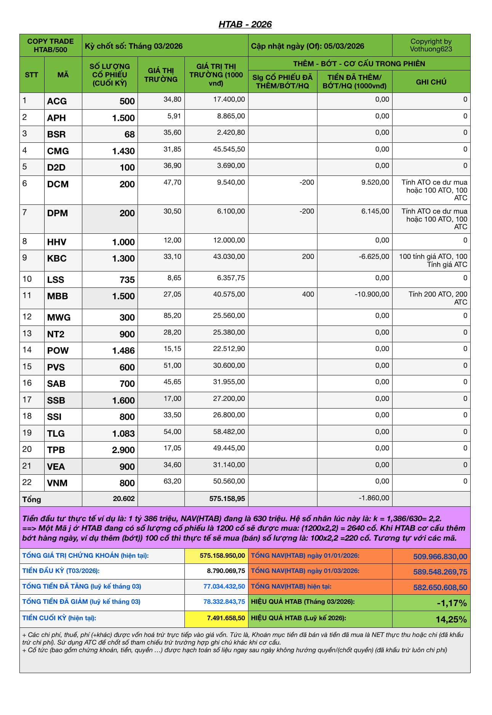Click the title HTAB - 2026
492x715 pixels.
(x=245, y=24)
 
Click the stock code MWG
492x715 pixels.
(x=59, y=318)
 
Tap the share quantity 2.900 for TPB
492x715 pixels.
(x=123, y=450)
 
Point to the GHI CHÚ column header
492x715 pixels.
(x=431, y=82)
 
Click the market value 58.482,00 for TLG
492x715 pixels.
(x=229, y=432)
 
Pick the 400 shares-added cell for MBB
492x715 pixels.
(x=308, y=294)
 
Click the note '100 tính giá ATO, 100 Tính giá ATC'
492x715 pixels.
(x=433, y=260)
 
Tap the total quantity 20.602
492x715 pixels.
(x=123, y=499)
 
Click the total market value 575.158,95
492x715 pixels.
(x=227, y=499)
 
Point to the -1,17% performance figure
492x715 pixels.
(x=451, y=603)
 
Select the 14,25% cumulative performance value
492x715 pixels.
(x=451, y=619)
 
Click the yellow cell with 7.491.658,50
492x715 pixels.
(x=226, y=618)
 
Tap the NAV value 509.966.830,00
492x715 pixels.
(x=440, y=557)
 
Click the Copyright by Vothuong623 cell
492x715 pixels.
(x=431, y=45)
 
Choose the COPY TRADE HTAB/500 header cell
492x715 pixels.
(x=50, y=45)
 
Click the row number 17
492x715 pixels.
(x=27, y=400)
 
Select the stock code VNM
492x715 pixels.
(x=57, y=483)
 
